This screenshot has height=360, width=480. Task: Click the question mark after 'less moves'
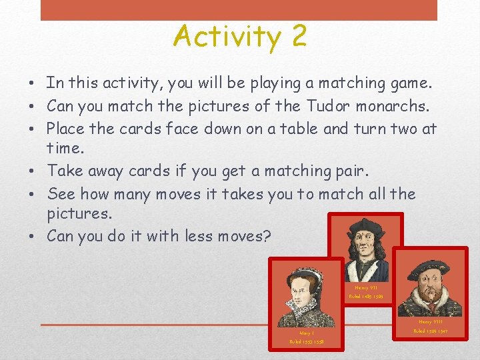pos(266,236)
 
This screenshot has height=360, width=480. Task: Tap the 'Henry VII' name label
pos(366,288)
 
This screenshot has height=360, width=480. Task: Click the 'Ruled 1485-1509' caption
pos(366,297)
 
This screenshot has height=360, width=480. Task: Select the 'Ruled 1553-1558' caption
pos(307,341)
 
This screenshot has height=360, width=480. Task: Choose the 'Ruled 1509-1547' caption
pos(431,331)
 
